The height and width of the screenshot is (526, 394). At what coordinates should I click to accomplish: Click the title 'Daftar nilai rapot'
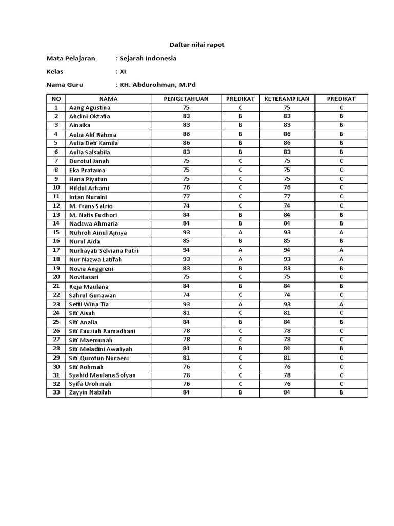pos(197,45)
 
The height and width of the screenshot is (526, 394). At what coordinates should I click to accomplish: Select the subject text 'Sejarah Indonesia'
pos(148,58)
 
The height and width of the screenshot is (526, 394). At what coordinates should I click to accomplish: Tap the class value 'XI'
pos(123,71)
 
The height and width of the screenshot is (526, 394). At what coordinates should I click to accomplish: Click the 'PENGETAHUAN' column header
pos(186,99)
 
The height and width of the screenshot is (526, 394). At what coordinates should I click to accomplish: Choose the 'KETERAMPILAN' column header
pos(287,99)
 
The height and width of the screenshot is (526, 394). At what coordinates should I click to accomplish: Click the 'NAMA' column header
pos(108,99)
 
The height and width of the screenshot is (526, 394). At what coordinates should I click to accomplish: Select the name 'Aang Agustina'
pos(90,108)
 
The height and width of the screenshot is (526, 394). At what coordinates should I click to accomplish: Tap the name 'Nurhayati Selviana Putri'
pos(104,251)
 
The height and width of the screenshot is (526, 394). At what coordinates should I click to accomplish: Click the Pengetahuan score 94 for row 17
pos(186,250)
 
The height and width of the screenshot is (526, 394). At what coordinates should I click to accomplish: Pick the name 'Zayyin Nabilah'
pos(90,393)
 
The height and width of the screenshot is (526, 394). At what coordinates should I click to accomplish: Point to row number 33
pos(56,393)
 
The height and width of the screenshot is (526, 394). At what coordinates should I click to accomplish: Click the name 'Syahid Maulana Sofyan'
pos(103,375)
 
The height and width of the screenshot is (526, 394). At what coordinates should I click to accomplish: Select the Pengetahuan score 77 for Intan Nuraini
pos(186,197)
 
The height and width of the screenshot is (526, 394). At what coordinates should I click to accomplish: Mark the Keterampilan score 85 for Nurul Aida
pos(287,241)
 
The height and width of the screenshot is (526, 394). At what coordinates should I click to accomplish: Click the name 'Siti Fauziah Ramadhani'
pos(103,331)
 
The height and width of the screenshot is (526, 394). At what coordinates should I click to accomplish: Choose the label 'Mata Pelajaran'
pos(71,58)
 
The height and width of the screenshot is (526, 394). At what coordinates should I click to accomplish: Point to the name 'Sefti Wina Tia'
pos(89,304)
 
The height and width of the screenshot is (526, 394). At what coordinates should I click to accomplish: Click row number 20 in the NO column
pos(56,277)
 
